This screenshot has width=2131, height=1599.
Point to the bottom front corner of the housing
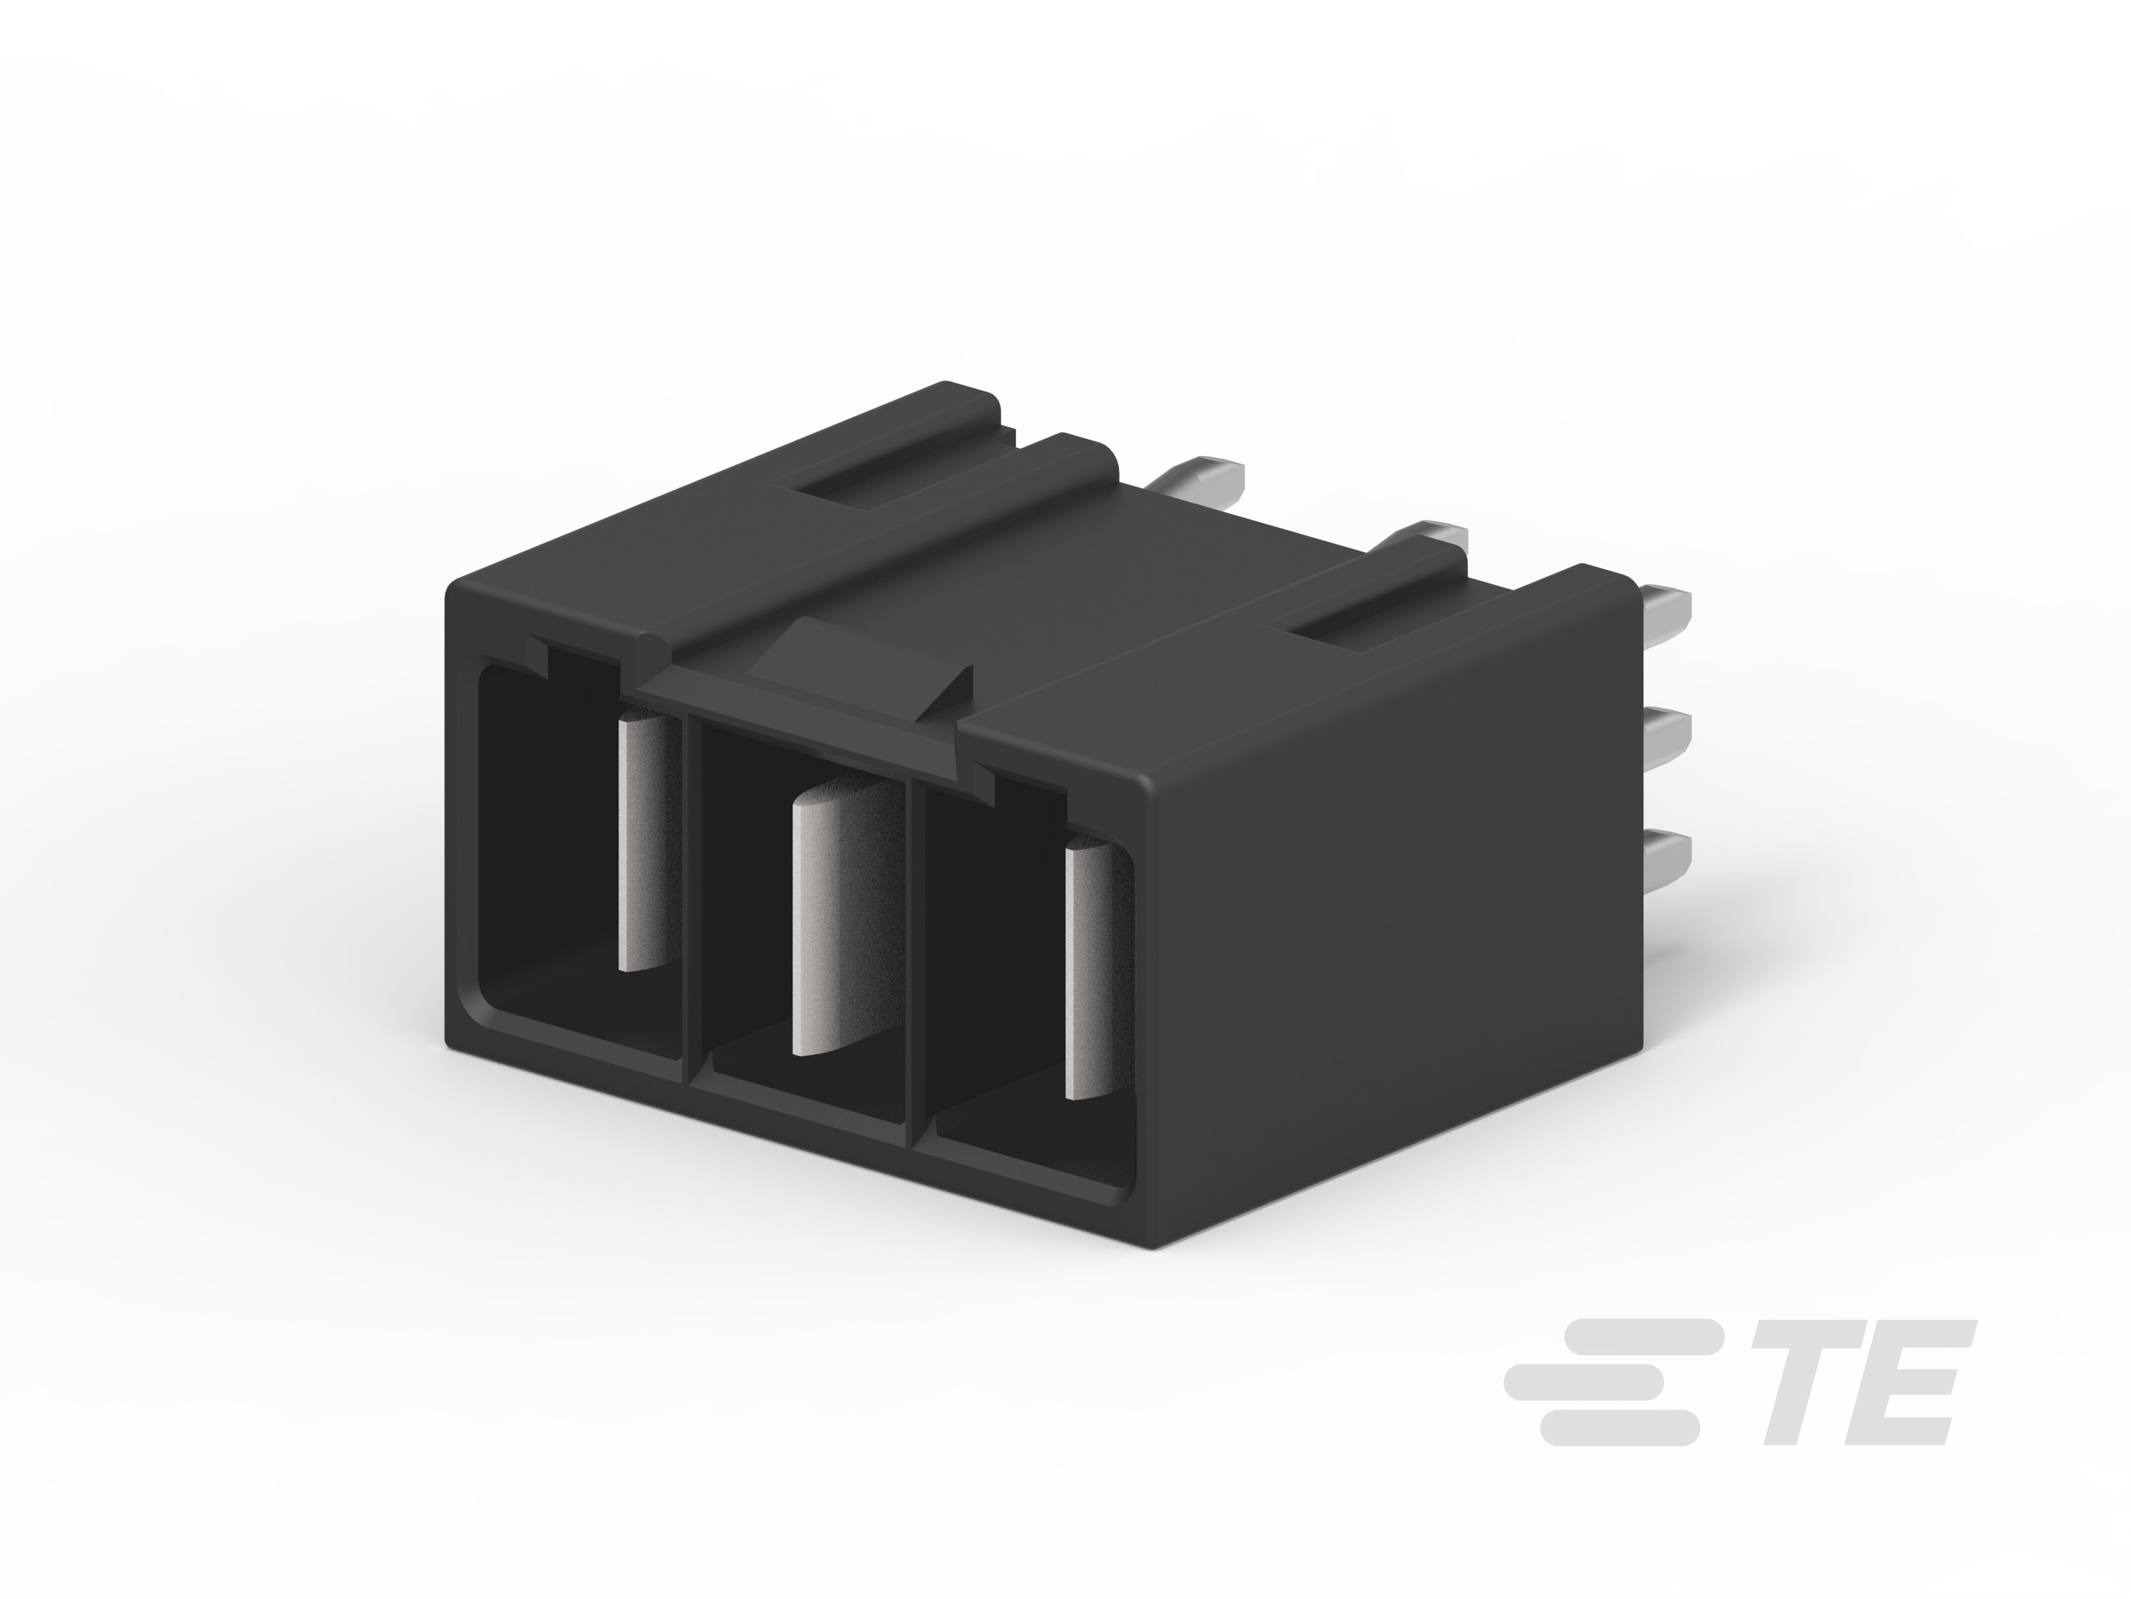tap(1151, 1244)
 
